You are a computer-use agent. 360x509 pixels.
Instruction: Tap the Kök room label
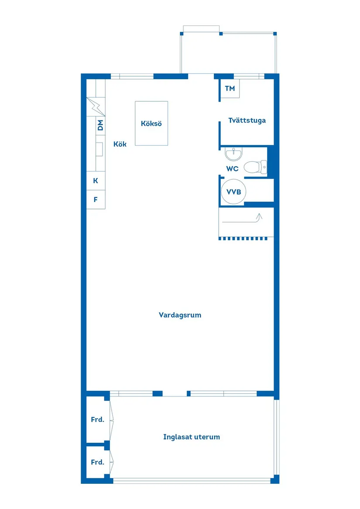tap(120, 144)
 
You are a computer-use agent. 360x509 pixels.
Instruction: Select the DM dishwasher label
tap(100, 126)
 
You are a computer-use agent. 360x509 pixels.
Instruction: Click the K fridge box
tap(96, 181)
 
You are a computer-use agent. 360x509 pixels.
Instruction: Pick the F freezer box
tap(96, 200)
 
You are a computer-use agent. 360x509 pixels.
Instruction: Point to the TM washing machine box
tap(230, 89)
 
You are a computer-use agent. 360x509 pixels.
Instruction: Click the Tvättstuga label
tap(247, 120)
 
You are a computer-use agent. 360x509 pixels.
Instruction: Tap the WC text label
tap(232, 168)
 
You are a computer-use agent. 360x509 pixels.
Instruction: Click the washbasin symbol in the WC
tap(234, 154)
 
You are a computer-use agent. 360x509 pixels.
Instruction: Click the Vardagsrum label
tap(180, 315)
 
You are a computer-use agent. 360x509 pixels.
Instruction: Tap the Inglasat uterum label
tap(192, 437)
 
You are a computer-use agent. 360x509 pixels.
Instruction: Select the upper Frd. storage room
tap(97, 420)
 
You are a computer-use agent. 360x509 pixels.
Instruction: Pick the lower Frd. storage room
tap(97, 462)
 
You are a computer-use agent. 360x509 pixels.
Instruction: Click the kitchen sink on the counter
tap(99, 149)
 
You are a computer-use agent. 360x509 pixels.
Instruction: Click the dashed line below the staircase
tap(246, 239)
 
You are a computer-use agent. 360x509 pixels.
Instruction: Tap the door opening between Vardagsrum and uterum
tap(175, 394)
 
